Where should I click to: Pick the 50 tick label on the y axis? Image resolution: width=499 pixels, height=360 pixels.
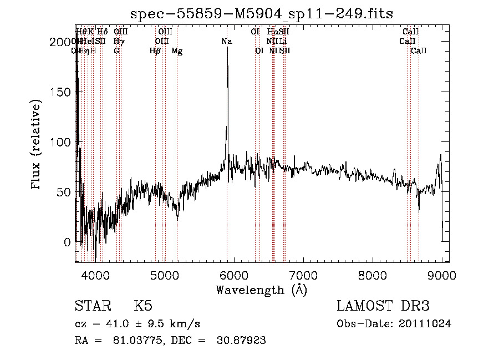coord(65,192)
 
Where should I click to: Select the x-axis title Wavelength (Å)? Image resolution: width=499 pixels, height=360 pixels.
coord(261,290)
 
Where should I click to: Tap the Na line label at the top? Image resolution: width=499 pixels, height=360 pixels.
coord(226,42)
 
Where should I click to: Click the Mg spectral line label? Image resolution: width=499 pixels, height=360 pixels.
coord(177,51)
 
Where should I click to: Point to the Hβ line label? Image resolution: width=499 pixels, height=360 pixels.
coord(155,51)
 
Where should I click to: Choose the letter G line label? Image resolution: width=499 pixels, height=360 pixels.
coord(116,51)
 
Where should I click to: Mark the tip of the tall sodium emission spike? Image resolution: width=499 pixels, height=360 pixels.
coord(227,62)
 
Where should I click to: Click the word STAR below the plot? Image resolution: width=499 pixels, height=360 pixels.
coord(92,307)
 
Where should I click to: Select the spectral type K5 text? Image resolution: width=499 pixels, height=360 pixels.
coord(143,307)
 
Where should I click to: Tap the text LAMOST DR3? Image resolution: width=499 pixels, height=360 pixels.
coord(383,307)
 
